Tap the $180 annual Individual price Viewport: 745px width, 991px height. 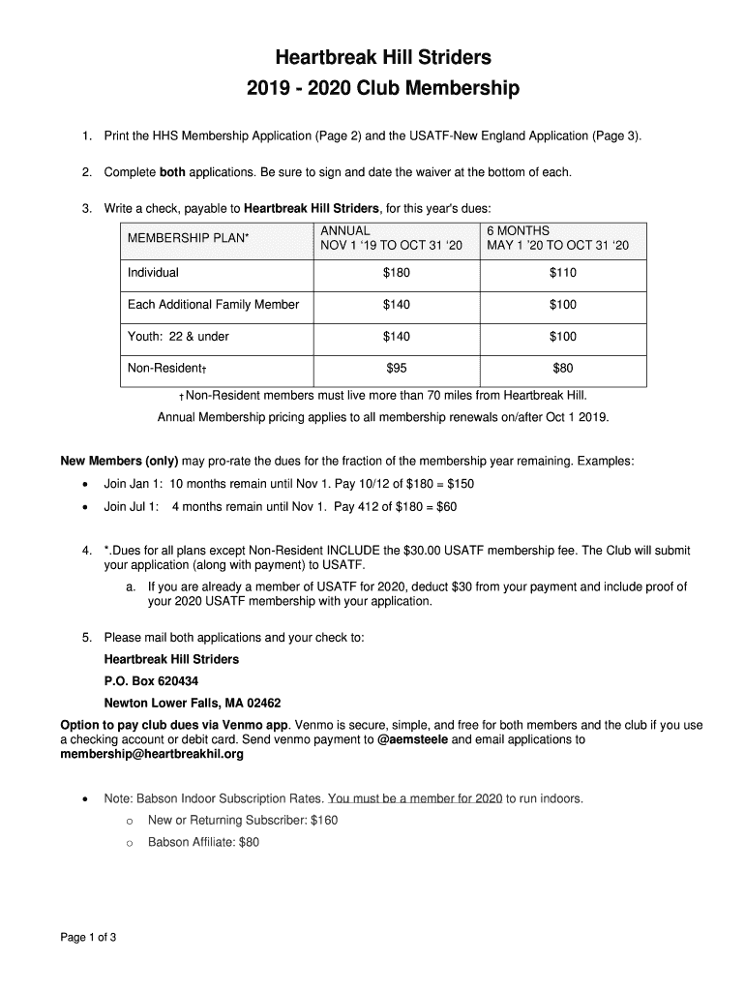point(396,273)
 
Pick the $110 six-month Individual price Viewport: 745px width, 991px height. point(562,273)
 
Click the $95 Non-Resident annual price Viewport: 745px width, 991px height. point(396,368)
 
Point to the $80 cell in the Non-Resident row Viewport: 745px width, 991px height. point(562,368)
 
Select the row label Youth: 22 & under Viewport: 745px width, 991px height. point(178,337)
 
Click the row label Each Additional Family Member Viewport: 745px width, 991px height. point(213,305)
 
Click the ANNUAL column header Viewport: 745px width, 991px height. point(345,230)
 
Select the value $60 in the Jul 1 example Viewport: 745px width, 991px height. point(446,506)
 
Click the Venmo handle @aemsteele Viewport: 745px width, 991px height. point(412,739)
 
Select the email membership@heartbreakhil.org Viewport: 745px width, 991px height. point(152,754)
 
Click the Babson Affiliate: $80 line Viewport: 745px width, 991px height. point(203,842)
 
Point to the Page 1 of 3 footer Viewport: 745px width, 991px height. point(89,937)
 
